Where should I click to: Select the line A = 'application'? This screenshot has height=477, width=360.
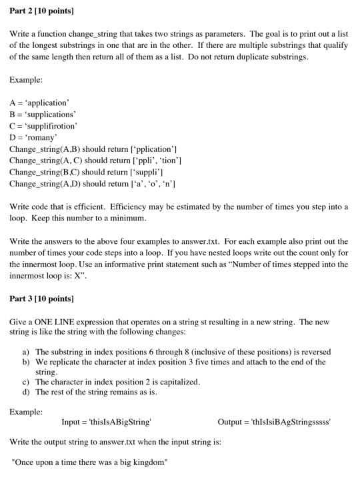point(39,103)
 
